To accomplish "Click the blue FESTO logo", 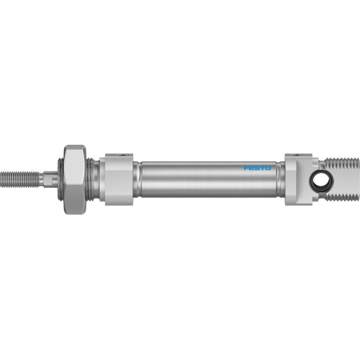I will pyautogui.click(x=256, y=169).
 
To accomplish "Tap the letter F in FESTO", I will pyautogui.click(x=246, y=169).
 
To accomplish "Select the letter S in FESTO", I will pyautogui.click(x=256, y=169).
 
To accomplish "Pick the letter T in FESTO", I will pyautogui.click(x=261, y=169).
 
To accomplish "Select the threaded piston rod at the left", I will pyautogui.click(x=22, y=176).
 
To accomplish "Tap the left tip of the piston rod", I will pyautogui.click(x=2, y=176).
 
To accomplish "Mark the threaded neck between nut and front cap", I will pyautogui.click(x=93, y=177).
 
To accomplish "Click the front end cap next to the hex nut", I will pyautogui.click(x=117, y=180).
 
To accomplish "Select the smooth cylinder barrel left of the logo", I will pyautogui.click(x=187, y=179).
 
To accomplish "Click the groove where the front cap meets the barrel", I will pyautogui.click(x=137, y=179).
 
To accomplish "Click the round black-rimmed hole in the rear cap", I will pyautogui.click(x=318, y=179).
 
